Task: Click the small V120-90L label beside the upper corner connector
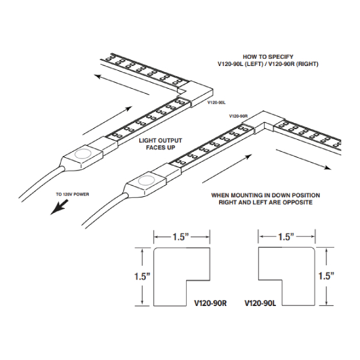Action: (217, 103)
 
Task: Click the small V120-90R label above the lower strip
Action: (238, 116)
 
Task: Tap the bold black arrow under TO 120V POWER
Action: (59, 207)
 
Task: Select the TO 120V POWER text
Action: (73, 194)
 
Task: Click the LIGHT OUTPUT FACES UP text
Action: (160, 144)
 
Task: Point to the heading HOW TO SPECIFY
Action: (268, 57)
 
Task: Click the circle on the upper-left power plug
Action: (83, 154)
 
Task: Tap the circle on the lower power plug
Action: (146, 181)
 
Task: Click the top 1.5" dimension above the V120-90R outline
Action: (181, 237)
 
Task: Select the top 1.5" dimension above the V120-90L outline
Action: (286, 237)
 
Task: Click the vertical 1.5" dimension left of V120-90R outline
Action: (142, 277)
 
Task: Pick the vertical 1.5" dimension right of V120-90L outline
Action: (326, 276)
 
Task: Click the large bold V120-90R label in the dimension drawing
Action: (211, 303)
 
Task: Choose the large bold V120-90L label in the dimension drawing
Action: (260, 303)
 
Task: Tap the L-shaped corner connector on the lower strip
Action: (263, 122)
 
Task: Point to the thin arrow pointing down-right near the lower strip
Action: (304, 160)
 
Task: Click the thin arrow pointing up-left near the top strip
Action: (122, 85)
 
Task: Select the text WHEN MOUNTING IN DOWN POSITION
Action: (266, 196)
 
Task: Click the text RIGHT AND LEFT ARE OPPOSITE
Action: (266, 202)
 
